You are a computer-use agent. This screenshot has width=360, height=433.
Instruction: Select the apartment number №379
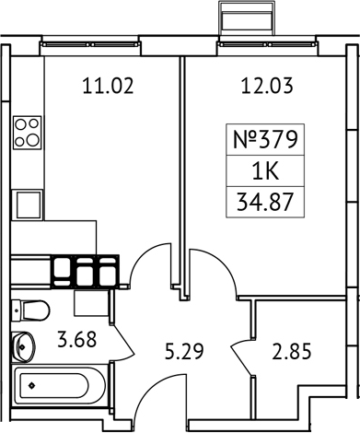pos(264,144)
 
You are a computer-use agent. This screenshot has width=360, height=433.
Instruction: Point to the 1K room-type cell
pos(264,172)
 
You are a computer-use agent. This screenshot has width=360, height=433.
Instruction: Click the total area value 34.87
pos(264,201)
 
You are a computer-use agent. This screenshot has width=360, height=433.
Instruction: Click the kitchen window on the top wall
pos(101,41)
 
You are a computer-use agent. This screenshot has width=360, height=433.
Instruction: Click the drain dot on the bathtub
pos(29,385)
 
